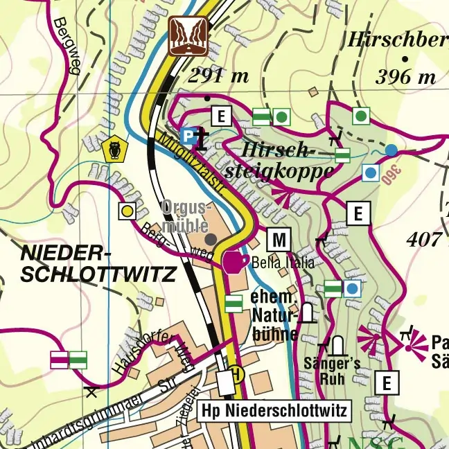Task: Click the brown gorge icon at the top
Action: [x=188, y=35]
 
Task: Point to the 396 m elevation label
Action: [x=405, y=77]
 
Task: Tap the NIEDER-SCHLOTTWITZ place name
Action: [x=97, y=263]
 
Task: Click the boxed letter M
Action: [x=279, y=240]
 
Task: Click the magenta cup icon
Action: [x=233, y=262]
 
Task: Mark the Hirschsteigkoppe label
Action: [x=278, y=161]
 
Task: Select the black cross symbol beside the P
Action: [x=202, y=138]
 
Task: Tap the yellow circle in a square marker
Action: [x=127, y=211]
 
